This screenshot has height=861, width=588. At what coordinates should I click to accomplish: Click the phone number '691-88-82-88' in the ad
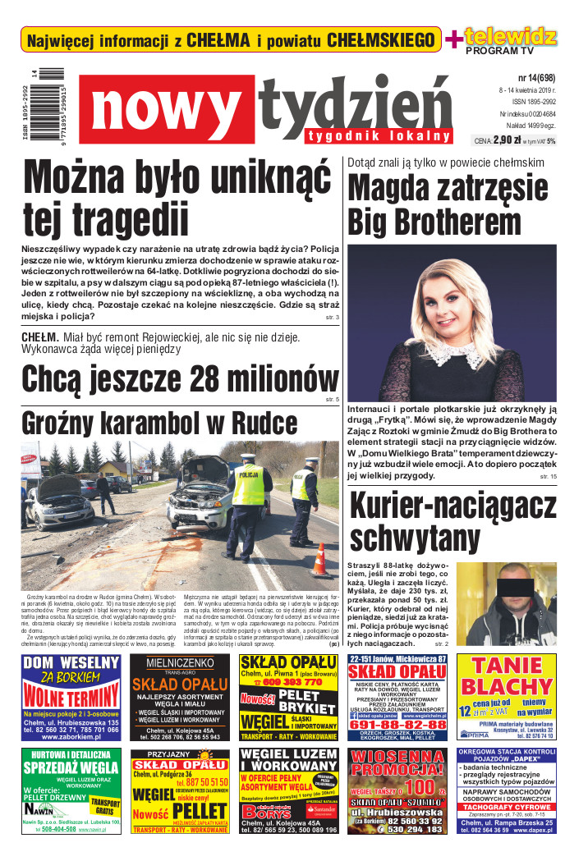click(397, 725)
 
